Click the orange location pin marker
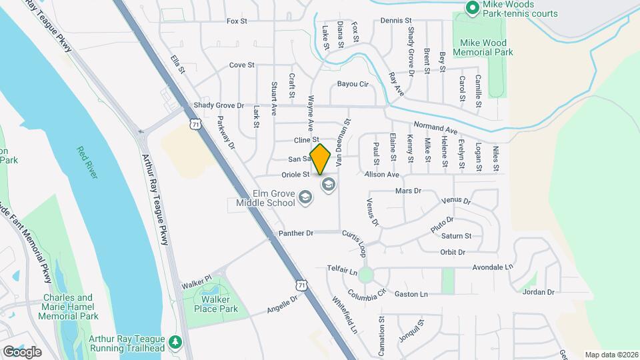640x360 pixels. (321, 159)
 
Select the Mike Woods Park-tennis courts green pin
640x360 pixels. (472, 7)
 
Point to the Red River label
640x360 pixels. (87, 163)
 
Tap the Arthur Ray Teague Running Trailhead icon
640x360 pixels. (175, 341)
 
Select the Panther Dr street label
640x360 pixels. (296, 233)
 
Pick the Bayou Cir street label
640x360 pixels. (353, 84)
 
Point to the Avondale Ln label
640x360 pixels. (491, 267)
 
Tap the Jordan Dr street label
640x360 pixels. (539, 292)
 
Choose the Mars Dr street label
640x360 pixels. (409, 191)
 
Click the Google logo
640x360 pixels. (22, 351)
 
